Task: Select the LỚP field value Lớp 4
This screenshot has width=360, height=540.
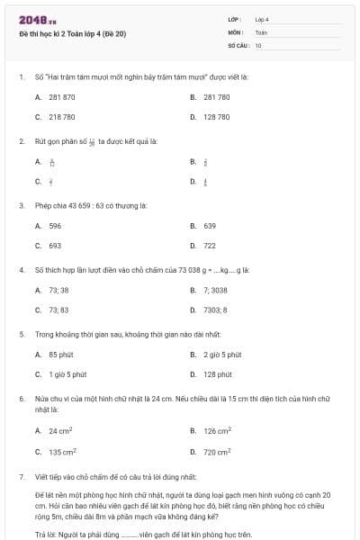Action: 262,19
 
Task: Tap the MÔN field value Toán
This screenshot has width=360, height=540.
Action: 261,31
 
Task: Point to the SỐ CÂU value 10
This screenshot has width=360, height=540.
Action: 258,44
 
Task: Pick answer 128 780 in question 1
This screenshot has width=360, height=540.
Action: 216,117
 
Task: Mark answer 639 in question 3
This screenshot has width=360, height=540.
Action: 210,225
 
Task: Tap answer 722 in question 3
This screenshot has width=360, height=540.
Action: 210,246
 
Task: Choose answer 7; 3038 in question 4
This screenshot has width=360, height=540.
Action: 215,290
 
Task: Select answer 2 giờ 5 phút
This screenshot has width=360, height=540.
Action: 221,355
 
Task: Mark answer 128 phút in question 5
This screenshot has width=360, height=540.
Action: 217,374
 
